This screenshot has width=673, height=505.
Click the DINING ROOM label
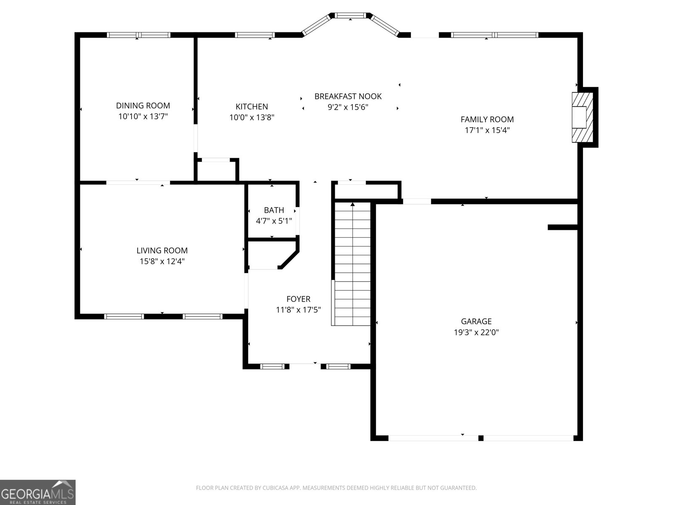click(143, 106)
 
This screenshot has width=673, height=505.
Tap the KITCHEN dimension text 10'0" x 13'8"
click(252, 117)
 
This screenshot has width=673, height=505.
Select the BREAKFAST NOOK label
click(348, 96)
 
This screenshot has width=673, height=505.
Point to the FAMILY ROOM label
click(487, 120)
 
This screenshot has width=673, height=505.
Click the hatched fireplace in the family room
click(581, 117)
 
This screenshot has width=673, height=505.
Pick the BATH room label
click(274, 210)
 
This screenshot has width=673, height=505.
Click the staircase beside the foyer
click(352, 263)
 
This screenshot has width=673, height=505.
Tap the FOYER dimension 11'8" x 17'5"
click(298, 310)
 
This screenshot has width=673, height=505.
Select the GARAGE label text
click(476, 322)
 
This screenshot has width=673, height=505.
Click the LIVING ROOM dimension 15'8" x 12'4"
click(162, 261)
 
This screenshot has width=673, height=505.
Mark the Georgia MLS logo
click(37, 492)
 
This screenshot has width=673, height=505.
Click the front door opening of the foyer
click(305, 365)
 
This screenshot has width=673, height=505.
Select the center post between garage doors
click(481, 438)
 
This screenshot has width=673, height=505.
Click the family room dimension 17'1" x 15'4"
click(487, 130)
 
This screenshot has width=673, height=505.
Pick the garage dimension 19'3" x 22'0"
click(476, 332)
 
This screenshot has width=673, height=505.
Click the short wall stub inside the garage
click(562, 227)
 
